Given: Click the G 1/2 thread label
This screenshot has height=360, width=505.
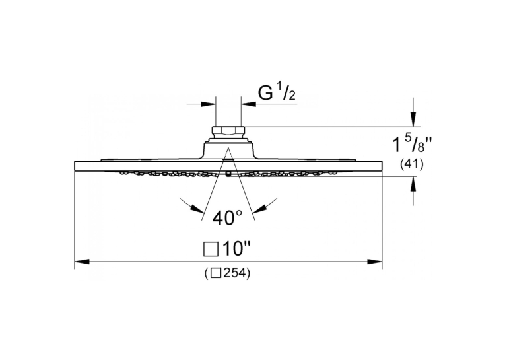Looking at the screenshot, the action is [277, 93].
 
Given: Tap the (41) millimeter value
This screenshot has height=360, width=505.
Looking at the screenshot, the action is [412, 164].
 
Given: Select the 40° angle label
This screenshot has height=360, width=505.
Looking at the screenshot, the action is [227, 218].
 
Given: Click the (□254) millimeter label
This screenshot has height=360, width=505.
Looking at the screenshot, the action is [226, 273].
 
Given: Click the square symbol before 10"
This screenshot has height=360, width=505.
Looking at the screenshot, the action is [211, 250].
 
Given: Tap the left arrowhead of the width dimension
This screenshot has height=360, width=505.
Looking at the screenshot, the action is [82, 262].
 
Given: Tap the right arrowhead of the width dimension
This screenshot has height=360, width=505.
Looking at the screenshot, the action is [375, 262].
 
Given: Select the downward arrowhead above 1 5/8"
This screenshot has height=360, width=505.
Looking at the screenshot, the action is [413, 119].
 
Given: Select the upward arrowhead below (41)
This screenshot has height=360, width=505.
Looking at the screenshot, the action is [413, 184].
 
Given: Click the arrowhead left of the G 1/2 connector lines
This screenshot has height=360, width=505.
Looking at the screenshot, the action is [208, 104].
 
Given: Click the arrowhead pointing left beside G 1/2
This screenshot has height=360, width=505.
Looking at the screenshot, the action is [248, 104].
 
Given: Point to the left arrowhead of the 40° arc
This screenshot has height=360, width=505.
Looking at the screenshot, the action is [197, 209].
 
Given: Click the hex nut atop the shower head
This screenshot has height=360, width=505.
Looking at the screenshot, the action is [228, 133].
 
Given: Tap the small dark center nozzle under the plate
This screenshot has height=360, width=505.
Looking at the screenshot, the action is [228, 174].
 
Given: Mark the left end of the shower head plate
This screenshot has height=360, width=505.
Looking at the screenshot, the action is [75, 166].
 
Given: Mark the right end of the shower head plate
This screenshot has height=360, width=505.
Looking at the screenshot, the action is [382, 166].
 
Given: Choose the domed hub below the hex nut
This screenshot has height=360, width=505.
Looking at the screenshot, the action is [228, 149].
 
